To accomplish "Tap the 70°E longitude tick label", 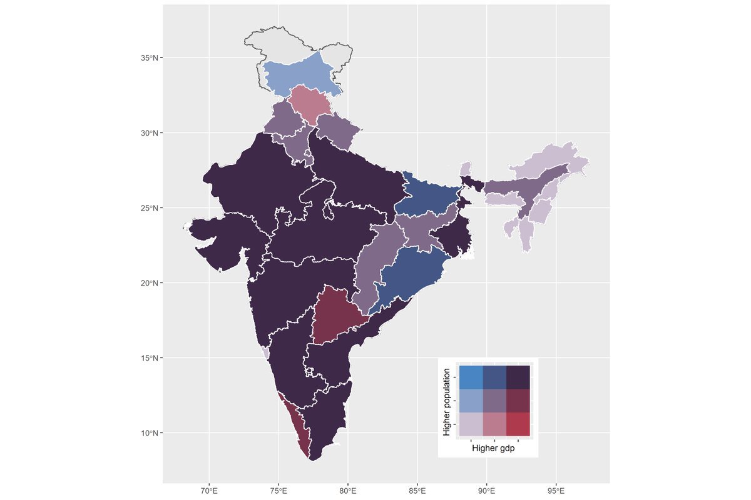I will click(210, 489).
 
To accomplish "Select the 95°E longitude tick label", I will click(556, 489).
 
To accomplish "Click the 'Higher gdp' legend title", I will click(493, 448).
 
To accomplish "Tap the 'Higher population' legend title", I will click(447, 401).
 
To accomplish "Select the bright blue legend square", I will click(471, 377).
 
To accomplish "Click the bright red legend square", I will click(518, 424).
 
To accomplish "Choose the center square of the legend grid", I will click(494, 401).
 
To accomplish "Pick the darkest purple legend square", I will click(518, 377).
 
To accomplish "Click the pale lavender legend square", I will click(471, 424).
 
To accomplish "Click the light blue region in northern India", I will click(297, 75).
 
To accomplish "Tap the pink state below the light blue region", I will click(309, 102).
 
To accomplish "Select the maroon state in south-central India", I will click(335, 316).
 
